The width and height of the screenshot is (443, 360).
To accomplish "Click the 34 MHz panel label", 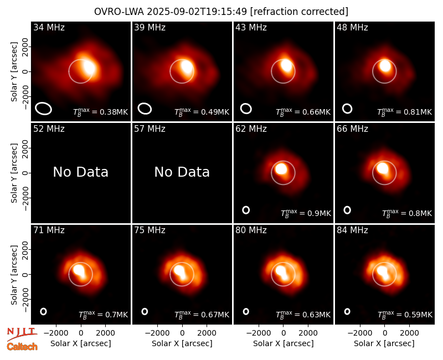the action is coord(49,27).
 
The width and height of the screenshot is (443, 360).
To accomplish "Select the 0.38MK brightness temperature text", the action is coord(101,112).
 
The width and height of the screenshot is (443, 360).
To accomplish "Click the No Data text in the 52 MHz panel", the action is coord(80,172).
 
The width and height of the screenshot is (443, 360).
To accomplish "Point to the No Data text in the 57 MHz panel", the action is coord(182,172).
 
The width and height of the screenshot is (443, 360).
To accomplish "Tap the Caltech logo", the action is coord(22,347).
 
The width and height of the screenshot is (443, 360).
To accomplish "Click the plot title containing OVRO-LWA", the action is coord(221,12).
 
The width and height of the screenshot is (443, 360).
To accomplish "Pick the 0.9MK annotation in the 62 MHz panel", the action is coord(306,213).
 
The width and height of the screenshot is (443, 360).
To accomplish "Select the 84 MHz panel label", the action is coord(352,230).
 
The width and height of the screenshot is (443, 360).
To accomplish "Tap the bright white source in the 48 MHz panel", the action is coord(385,65).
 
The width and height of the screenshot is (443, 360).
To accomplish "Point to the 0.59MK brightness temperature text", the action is coord(405,315).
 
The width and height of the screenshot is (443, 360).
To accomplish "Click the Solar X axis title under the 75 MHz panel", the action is coord(182,343).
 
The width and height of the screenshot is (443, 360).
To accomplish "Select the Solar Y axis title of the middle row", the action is coord(14,173).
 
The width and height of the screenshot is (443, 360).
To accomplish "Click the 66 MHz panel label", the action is coord(352,129).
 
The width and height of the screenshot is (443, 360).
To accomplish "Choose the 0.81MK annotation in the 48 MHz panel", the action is coord(405,112).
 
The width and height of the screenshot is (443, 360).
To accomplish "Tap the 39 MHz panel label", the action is coord(150,27).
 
